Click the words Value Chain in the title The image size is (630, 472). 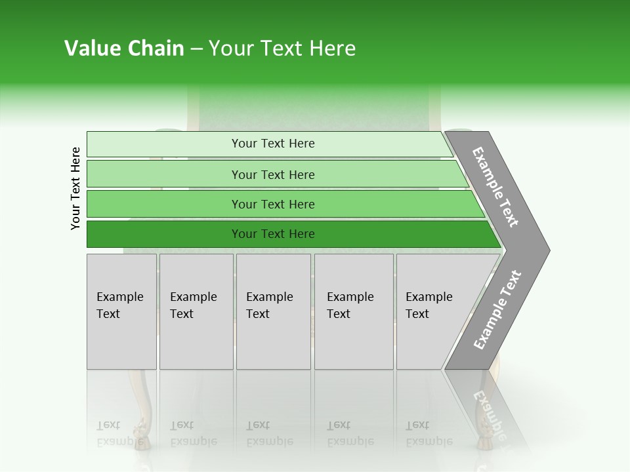[x=124, y=49]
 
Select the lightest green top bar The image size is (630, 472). [x=164, y=144]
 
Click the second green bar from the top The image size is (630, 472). [x=164, y=174]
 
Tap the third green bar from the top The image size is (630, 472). [x=164, y=205]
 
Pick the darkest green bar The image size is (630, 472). [x=164, y=234]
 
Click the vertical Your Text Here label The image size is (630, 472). [x=75, y=188]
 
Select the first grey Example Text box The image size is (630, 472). [x=121, y=311]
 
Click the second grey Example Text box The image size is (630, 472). [x=196, y=311]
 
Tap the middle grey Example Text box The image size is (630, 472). [x=273, y=311]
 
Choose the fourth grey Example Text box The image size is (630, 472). [x=354, y=311]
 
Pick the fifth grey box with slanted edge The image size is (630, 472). [x=433, y=311]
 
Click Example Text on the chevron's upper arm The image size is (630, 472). [x=495, y=187]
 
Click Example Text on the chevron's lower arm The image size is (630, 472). [x=497, y=310]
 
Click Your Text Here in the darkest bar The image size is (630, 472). [x=273, y=234]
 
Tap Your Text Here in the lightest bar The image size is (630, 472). [x=273, y=144]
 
